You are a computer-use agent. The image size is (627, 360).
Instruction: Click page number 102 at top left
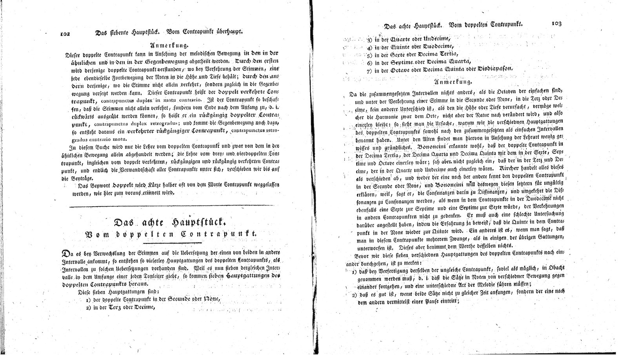tap(65, 34)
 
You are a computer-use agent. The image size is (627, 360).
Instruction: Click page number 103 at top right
tap(556, 24)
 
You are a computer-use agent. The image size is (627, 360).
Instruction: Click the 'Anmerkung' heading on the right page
tap(453, 82)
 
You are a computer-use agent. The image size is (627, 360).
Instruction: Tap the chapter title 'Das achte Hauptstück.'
tap(169, 223)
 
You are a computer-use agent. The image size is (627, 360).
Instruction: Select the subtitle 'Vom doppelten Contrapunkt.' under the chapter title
tap(171, 234)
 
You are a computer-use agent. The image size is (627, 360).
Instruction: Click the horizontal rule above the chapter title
tap(174, 206)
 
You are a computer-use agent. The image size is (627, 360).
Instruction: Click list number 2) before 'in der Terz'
tap(88, 307)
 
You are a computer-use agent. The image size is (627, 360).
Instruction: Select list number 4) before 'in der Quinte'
tap(369, 47)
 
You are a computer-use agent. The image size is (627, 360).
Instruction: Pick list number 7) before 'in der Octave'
tap(369, 71)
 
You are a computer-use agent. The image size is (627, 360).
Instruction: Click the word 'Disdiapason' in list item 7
tap(494, 69)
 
